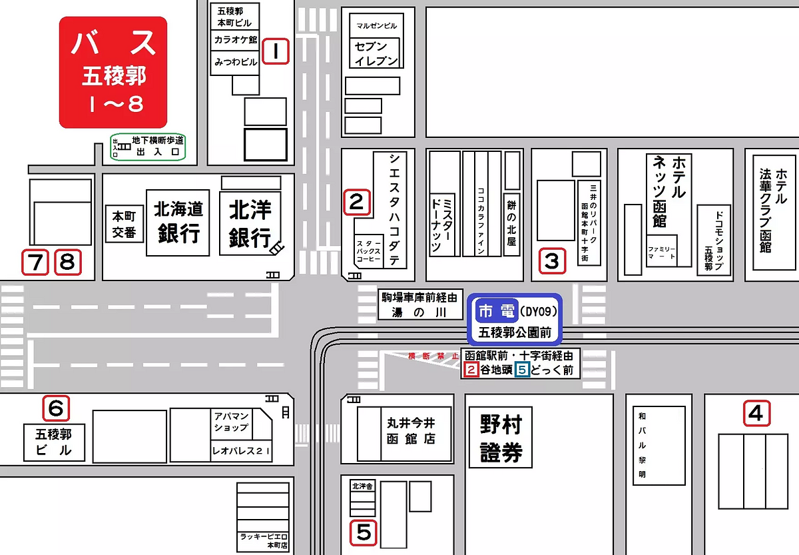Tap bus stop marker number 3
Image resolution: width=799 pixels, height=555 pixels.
[552, 261]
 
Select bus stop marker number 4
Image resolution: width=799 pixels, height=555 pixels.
[756, 414]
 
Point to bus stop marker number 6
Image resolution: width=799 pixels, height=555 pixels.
[57, 406]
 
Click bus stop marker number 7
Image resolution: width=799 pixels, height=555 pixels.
[35, 263]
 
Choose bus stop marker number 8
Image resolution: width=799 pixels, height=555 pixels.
[67, 263]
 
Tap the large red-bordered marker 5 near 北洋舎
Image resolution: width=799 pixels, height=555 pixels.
[364, 532]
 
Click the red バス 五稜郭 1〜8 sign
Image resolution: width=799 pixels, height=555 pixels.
[113, 72]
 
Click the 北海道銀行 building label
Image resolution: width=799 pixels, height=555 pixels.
[178, 223]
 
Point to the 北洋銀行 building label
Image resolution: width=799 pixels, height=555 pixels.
[250, 224]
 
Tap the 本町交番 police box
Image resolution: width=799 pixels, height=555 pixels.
[124, 225]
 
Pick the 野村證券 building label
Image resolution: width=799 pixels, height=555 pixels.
[501, 438]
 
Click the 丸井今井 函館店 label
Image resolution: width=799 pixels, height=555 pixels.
[411, 430]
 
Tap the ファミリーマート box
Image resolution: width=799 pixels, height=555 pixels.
[661, 252]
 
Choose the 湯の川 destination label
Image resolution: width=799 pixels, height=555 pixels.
[420, 312]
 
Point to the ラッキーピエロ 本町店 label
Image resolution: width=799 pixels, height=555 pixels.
[265, 540]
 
